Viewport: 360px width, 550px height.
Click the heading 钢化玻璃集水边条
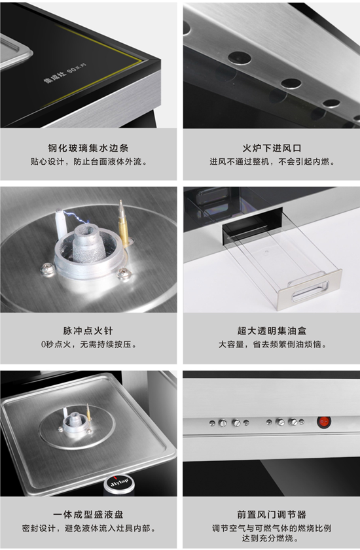[88, 148]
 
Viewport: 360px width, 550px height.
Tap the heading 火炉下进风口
[272, 148]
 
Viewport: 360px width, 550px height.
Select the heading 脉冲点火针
[88, 331]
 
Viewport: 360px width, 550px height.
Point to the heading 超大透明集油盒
[272, 331]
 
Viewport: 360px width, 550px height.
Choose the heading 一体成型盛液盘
[88, 515]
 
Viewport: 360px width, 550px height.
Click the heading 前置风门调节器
[272, 515]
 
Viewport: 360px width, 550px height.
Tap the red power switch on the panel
[323, 422]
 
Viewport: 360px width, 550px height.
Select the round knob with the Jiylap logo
[119, 485]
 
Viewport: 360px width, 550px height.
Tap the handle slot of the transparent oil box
[308, 289]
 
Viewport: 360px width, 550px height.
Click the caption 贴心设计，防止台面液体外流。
[88, 162]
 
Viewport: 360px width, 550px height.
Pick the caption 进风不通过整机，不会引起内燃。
[272, 162]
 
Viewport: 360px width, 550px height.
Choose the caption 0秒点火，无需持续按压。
[88, 345]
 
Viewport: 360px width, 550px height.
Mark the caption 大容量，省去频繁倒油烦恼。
[272, 345]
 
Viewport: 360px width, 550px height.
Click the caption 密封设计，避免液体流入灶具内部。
[88, 528]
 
